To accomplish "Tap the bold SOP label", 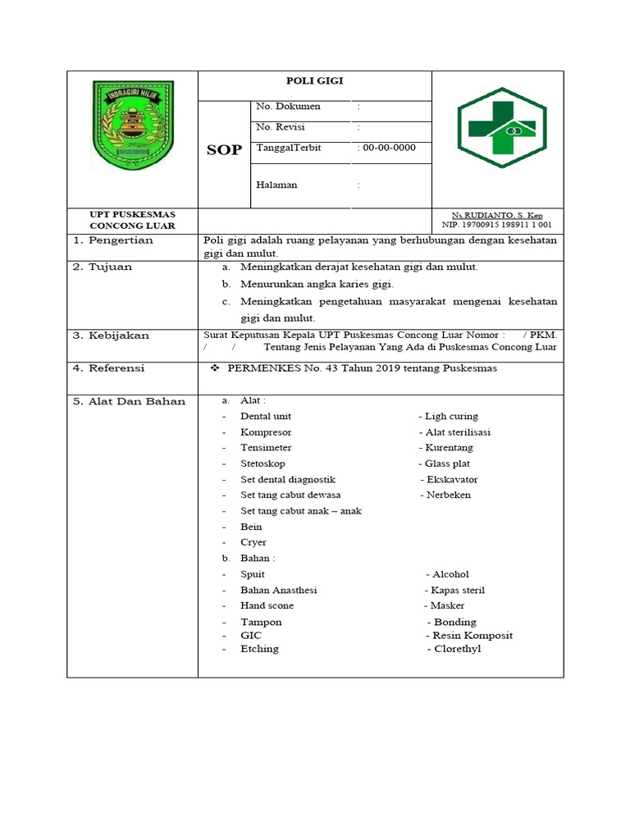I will [224, 150].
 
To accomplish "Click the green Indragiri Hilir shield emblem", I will [132, 125].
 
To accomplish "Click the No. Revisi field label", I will [280, 127].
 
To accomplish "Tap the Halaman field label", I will [276, 185].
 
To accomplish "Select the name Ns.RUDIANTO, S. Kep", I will [497, 215].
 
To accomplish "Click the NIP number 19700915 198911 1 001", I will [497, 224].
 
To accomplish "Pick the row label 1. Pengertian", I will [114, 240].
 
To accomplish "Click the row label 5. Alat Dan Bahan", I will [130, 401].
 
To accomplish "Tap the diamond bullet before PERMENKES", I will [216, 368].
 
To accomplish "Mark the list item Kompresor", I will [266, 432].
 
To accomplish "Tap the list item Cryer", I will [253, 542].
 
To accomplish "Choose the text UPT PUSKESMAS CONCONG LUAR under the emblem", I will [132, 220].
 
